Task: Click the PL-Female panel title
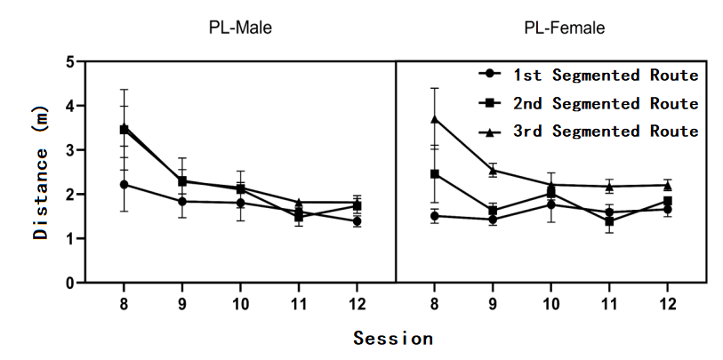click(564, 28)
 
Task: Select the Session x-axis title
click(393, 339)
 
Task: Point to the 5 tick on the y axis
click(68, 62)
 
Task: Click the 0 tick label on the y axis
click(68, 283)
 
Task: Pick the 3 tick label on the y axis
click(68, 150)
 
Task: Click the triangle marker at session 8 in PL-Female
click(435, 119)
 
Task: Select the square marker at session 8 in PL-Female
click(435, 174)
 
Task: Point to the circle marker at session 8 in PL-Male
click(124, 185)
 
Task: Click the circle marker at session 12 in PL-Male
click(357, 221)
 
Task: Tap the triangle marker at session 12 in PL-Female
click(667, 185)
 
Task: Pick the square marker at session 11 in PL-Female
click(609, 221)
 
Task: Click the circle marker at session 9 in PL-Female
click(493, 220)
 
